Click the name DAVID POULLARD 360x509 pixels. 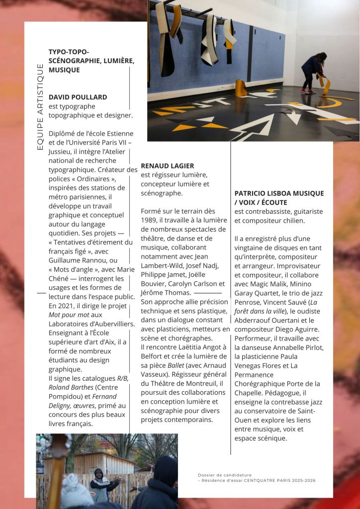pyautogui.click(x=78, y=97)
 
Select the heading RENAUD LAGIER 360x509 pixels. pyautogui.click(x=168, y=166)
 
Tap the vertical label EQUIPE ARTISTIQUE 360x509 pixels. pyautogui.click(x=40, y=107)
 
